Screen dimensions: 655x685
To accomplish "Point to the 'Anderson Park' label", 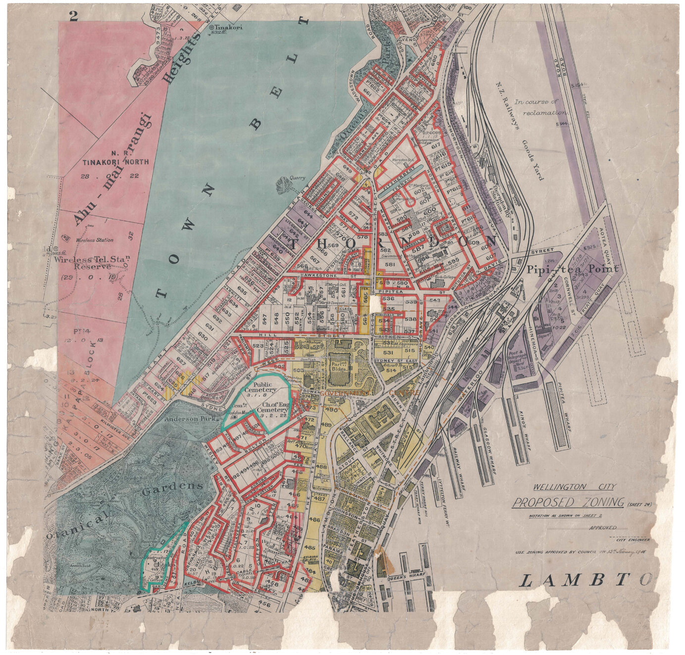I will click(x=191, y=419).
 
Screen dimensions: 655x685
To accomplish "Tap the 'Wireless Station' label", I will click(x=94, y=240).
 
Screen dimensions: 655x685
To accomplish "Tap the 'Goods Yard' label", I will click(x=532, y=159).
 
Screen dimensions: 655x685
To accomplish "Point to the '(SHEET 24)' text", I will click(x=640, y=505).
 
